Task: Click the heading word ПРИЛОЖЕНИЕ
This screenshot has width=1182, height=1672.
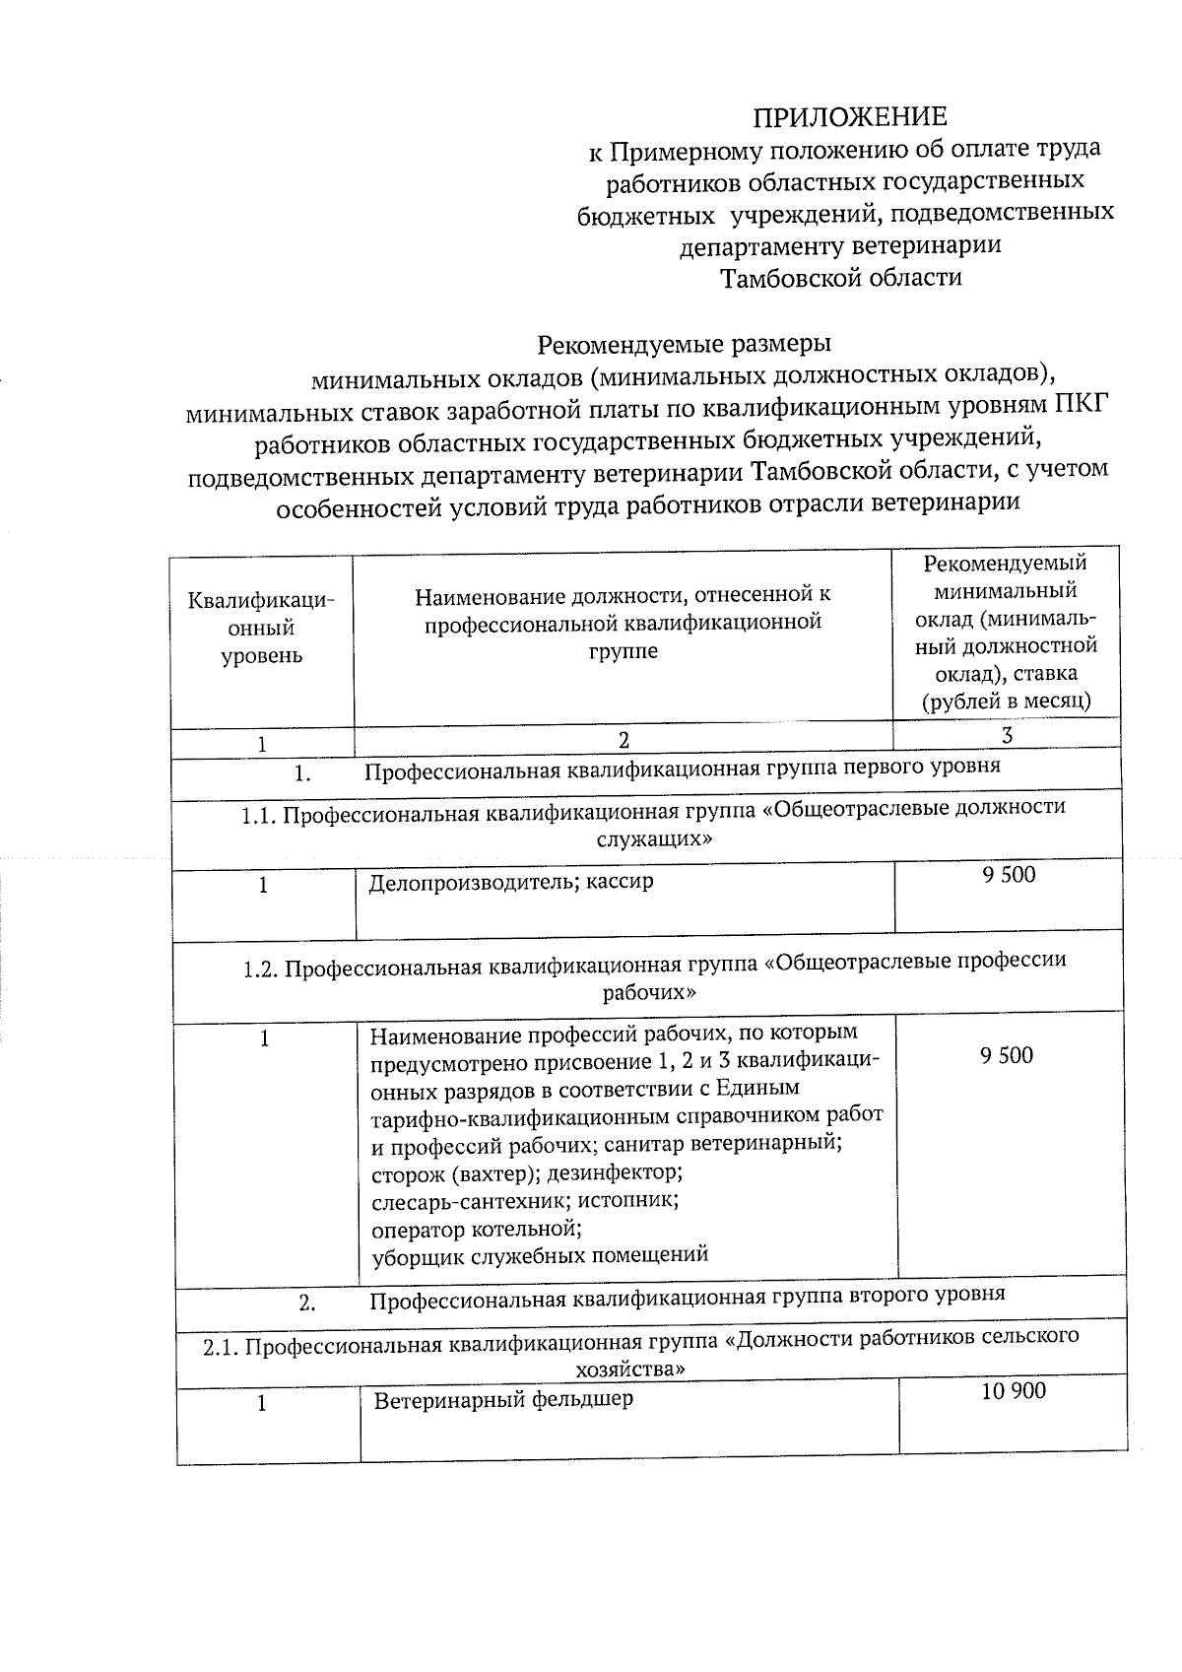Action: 849,117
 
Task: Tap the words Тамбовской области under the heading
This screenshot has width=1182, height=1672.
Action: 841,278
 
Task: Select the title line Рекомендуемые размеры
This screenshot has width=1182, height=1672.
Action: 684,344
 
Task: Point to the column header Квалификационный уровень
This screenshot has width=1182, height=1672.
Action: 261,628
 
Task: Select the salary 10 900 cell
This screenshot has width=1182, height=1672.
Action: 1014,1391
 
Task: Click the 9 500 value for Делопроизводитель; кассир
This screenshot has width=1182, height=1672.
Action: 1009,874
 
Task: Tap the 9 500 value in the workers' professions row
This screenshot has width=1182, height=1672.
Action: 1007,1055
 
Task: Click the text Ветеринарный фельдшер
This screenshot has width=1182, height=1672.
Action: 503,1399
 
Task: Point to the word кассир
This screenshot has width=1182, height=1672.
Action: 620,882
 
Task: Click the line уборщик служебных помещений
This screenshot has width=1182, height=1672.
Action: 540,1255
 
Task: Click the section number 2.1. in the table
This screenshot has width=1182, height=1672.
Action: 223,1348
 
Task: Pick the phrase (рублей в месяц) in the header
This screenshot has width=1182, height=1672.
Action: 1006,702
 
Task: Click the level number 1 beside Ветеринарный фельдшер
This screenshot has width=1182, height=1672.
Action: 262,1403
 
